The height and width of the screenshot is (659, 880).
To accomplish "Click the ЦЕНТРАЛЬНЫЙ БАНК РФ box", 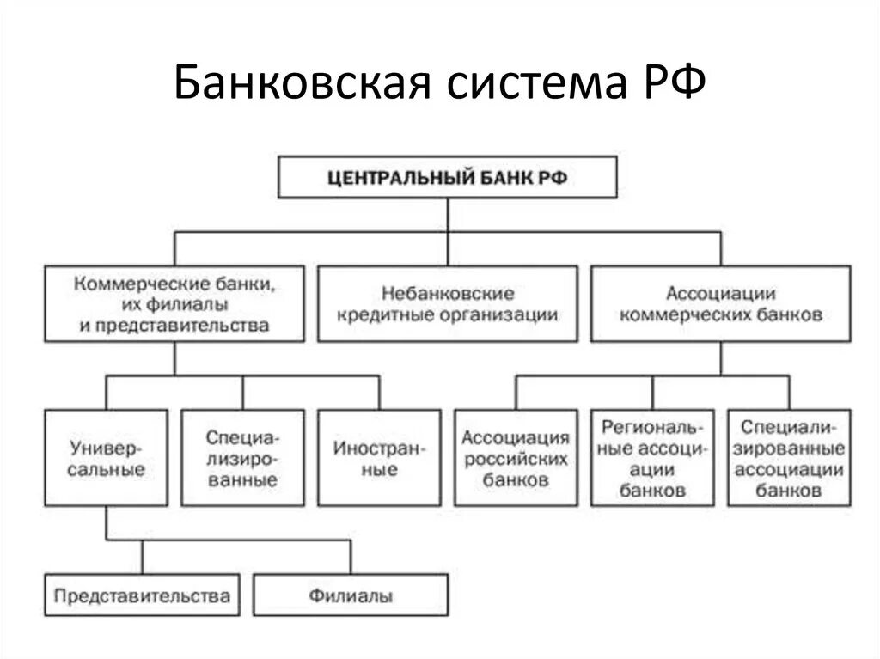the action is pyautogui.click(x=447, y=177).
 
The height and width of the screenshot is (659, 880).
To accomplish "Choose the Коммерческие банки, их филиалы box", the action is pyautogui.click(x=174, y=303).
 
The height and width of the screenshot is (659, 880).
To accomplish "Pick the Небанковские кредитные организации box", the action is pyautogui.click(x=447, y=303).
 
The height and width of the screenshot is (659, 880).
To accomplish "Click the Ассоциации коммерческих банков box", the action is pyautogui.click(x=721, y=303).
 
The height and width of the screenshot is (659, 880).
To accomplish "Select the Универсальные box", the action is pyautogui.click(x=106, y=458).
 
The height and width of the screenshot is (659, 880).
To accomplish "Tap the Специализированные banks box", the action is pyautogui.click(x=242, y=458).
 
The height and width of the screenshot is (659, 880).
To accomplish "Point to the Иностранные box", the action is pyautogui.click(x=379, y=458).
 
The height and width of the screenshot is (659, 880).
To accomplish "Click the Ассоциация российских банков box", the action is pyautogui.click(x=516, y=458).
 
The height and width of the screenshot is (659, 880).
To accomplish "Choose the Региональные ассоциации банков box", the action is pyautogui.click(x=653, y=458).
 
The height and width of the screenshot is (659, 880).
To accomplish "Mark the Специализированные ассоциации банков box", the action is pyautogui.click(x=789, y=458).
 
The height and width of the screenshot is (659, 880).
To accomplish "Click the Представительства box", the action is pyautogui.click(x=142, y=595).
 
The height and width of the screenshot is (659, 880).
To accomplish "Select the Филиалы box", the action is pyautogui.click(x=351, y=595).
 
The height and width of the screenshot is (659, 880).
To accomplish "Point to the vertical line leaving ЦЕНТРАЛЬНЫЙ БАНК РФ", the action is pyautogui.click(x=448, y=232).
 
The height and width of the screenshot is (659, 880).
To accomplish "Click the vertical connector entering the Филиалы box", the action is pyautogui.click(x=351, y=558).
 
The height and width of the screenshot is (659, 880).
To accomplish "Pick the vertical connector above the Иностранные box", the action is pyautogui.click(x=379, y=393).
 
